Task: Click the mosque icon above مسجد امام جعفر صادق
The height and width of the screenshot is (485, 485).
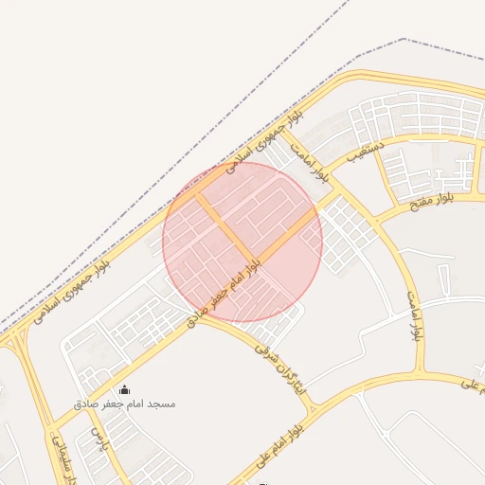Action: click(x=125, y=389)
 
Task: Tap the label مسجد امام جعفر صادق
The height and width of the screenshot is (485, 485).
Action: click(x=125, y=404)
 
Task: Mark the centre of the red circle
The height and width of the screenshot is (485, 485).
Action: click(x=242, y=242)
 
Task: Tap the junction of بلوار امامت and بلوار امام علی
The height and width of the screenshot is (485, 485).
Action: click(x=422, y=372)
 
